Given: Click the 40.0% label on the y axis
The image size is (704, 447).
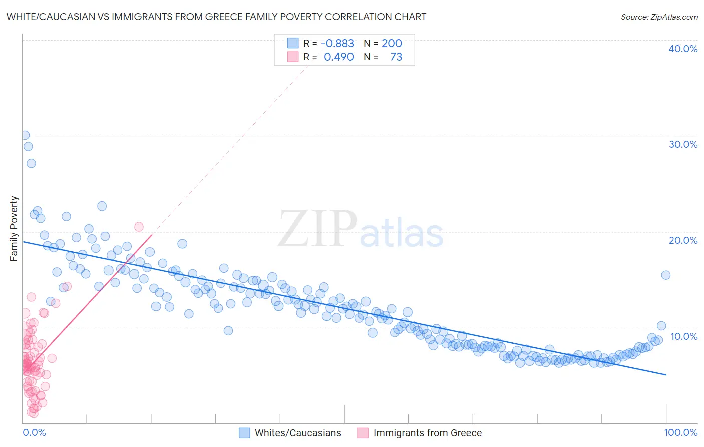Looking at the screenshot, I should coord(683,49).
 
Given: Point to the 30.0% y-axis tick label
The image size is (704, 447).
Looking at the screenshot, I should coord(683,144).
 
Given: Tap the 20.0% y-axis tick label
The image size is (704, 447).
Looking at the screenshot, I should coord(683,240).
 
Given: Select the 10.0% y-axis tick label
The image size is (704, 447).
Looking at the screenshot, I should coord(684,336).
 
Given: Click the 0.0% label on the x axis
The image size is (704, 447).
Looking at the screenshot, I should coord(34,432).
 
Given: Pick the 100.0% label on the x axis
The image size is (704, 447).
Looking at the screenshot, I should coord(680,432).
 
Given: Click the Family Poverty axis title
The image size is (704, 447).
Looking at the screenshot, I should coord(14,229).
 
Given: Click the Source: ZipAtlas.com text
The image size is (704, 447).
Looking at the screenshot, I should coord(659,17).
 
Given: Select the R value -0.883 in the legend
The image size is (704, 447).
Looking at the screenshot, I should coord(337,43).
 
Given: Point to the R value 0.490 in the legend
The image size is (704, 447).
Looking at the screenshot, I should coord(339,57).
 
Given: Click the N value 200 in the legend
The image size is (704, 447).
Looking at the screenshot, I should coord(392,43).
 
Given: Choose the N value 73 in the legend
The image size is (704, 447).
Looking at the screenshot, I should coord(396,57).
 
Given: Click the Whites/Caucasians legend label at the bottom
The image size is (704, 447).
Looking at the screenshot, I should coord(298,433).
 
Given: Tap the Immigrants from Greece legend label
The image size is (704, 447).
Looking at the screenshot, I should coord(427,433).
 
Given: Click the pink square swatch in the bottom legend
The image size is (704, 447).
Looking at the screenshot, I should coord(363,433).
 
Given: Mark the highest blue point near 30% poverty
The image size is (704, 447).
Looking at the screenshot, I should coord(25,135).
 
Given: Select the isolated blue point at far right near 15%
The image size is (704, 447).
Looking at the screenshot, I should coord(665,275).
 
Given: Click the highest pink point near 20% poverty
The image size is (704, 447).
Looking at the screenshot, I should coord(139,227).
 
